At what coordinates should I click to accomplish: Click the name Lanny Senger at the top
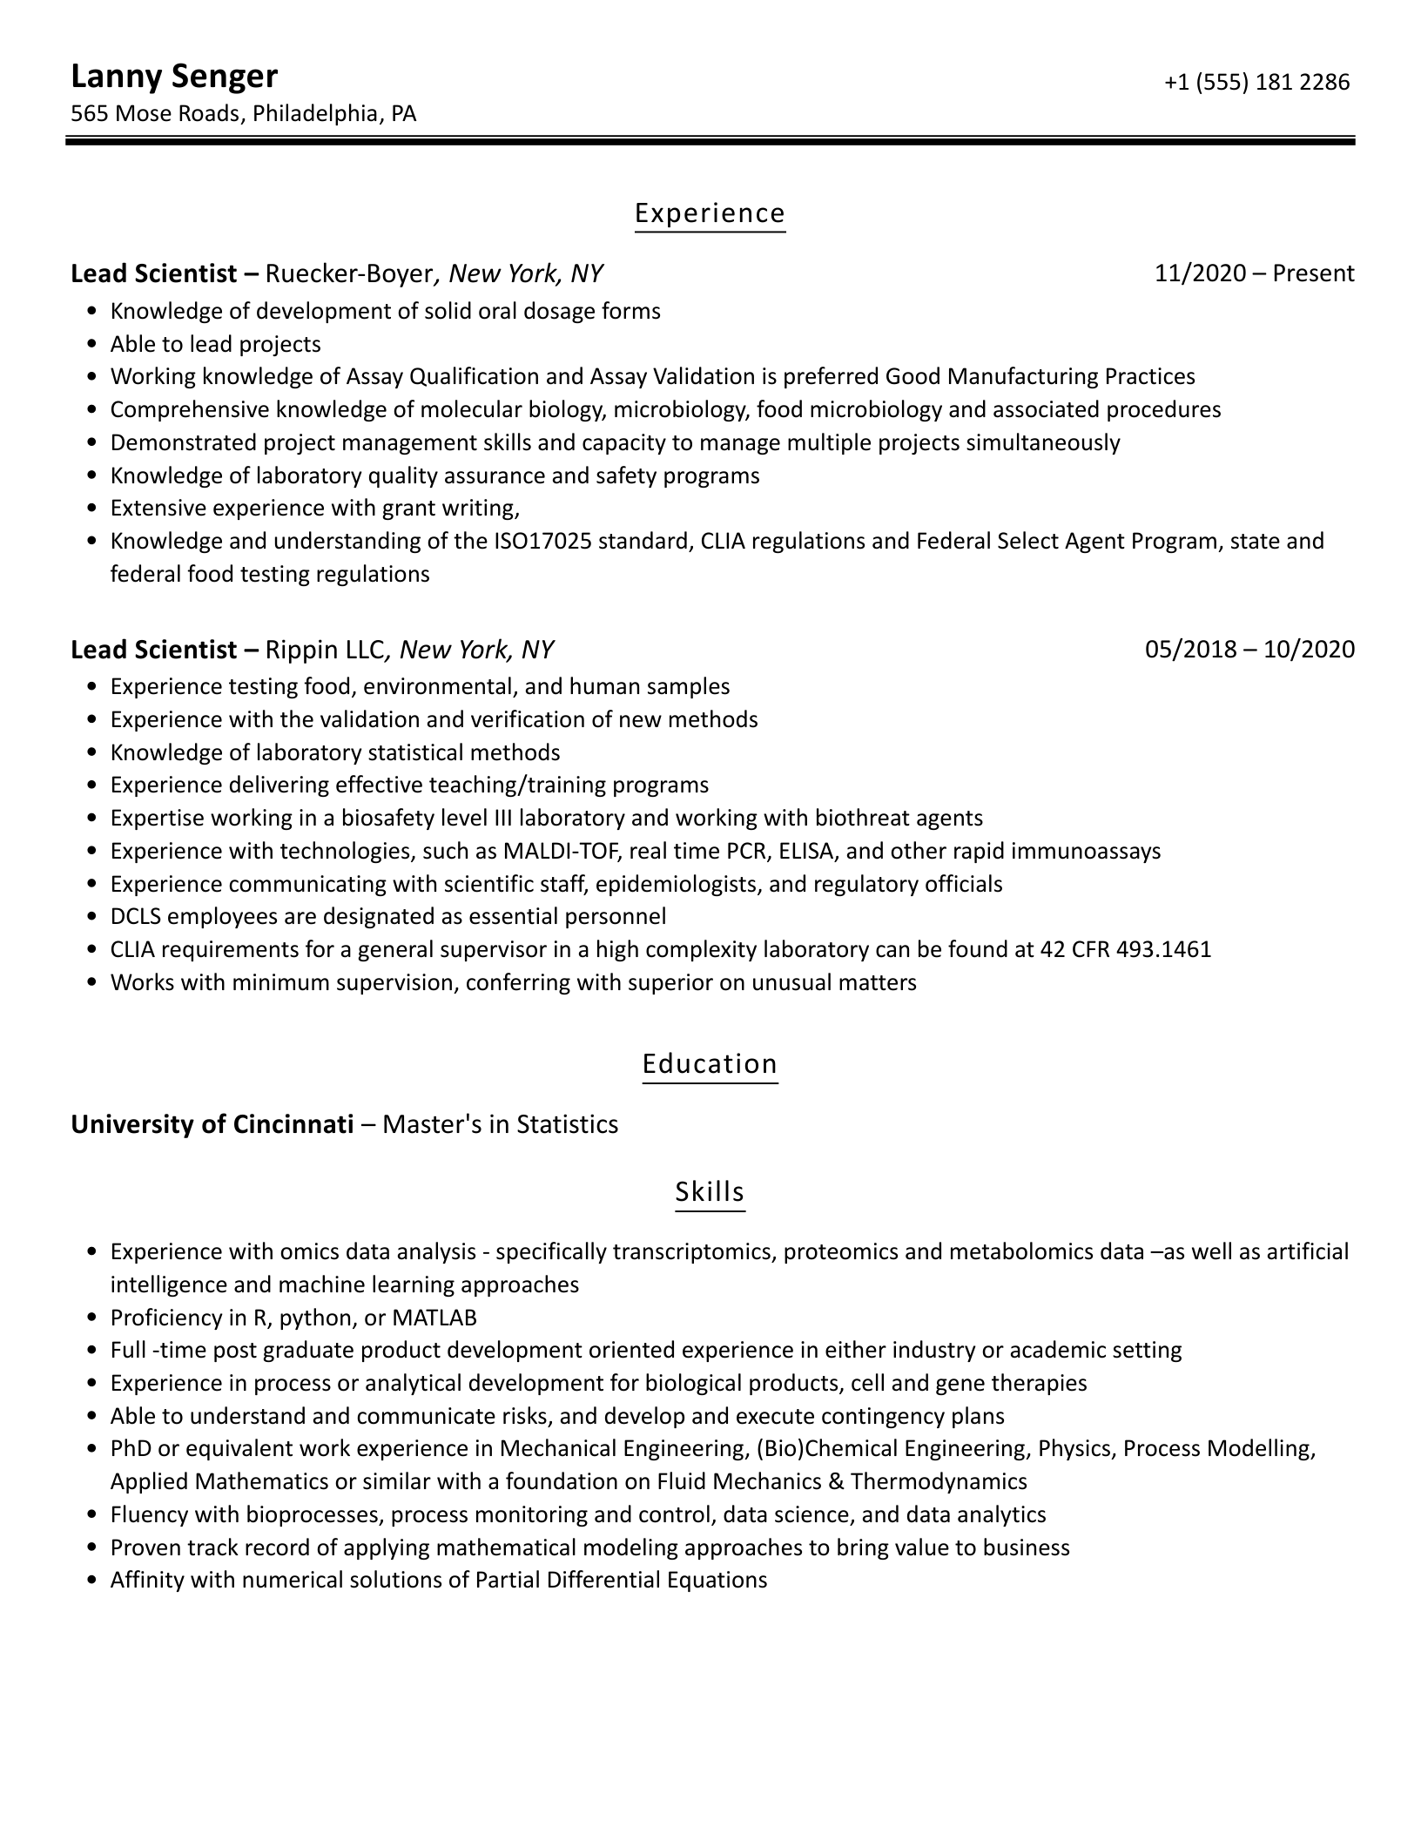[174, 77]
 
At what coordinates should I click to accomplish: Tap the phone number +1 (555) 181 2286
[1256, 82]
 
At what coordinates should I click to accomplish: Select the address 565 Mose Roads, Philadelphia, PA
[243, 113]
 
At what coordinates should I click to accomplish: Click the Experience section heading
[710, 213]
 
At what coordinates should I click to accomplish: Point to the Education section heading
[710, 1064]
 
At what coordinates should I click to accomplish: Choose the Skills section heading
[710, 1191]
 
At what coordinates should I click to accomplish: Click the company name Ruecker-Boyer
[348, 274]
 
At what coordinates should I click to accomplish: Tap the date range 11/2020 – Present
[1254, 274]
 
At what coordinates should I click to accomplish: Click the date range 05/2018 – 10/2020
[1249, 650]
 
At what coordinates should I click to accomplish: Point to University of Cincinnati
[212, 1125]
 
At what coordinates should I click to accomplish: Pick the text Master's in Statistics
[501, 1125]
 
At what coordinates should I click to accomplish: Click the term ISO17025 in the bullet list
[543, 542]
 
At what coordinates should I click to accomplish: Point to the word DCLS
[135, 917]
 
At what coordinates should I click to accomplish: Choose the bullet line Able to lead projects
[215, 345]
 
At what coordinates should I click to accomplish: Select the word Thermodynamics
[939, 1481]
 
